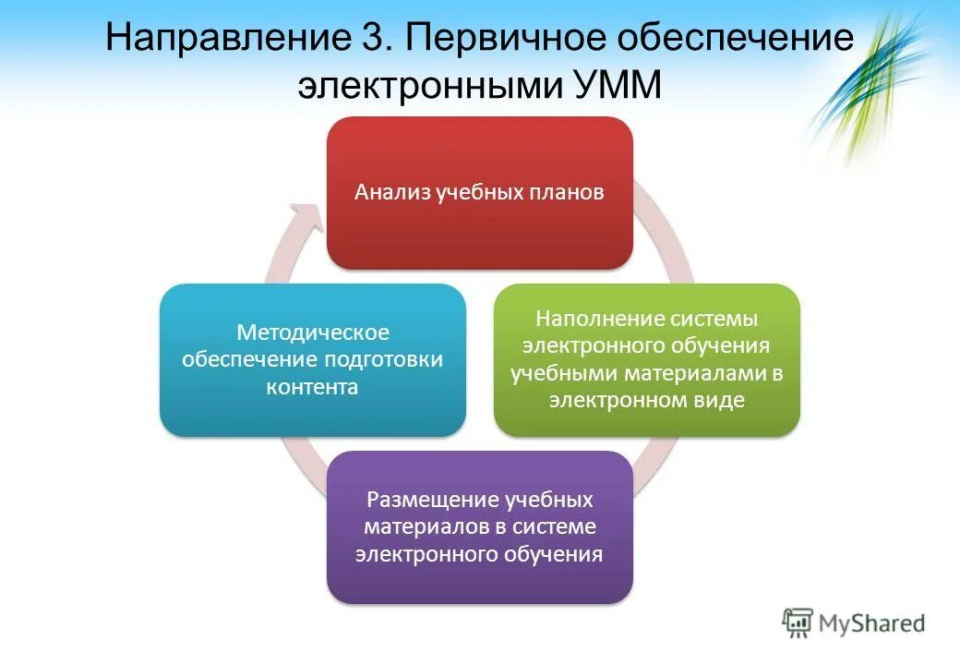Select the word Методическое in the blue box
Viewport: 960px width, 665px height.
point(313,332)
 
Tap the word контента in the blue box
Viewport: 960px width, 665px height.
point(313,387)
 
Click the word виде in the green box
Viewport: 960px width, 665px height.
point(724,401)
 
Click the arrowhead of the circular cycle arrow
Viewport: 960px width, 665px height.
point(306,218)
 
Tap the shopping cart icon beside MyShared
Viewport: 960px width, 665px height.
point(797,623)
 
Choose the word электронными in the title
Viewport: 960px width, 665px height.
point(427,85)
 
